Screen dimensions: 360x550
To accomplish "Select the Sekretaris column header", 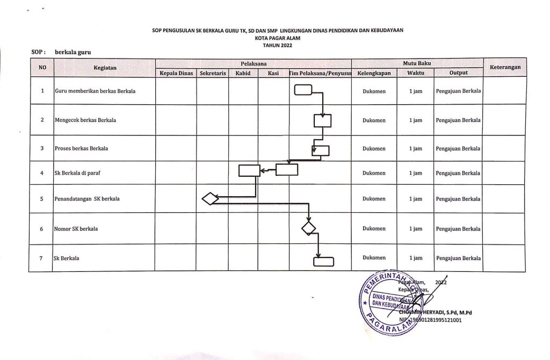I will click(213, 73).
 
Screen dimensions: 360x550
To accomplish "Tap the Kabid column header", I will click(243, 73).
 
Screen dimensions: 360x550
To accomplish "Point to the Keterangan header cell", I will click(504, 68).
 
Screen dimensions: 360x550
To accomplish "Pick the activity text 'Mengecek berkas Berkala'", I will click(85, 120).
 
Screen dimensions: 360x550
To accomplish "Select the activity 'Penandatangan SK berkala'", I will click(87, 199).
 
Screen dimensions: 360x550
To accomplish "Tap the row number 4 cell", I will click(42, 173).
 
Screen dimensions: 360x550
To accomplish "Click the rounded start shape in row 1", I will click(303, 91).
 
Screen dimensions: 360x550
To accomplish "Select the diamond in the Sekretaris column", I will click(210, 199).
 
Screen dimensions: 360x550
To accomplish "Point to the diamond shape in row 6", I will click(309, 228).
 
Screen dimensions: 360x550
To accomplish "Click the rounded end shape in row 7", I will click(323, 261).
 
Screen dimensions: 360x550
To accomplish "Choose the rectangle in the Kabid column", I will click(249, 170).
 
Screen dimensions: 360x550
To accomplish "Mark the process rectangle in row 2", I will click(322, 121).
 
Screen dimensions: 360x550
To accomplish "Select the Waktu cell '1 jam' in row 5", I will click(416, 199).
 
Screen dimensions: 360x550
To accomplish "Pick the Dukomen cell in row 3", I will click(374, 148).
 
